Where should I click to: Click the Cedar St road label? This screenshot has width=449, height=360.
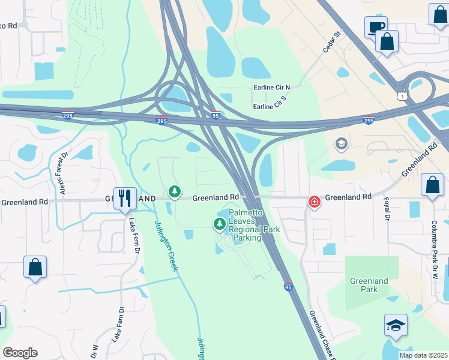click(x=331, y=41)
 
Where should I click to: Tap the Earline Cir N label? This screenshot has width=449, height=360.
click(x=271, y=88)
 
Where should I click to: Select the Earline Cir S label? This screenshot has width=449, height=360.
click(x=271, y=107)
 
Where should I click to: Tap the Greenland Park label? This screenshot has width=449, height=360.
click(x=369, y=285)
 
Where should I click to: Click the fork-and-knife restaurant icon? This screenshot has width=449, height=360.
click(x=125, y=198)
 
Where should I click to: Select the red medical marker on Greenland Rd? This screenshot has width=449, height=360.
click(x=314, y=202)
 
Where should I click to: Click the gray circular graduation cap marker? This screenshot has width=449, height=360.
click(x=342, y=143)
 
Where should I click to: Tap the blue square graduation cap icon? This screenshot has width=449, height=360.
click(x=396, y=325)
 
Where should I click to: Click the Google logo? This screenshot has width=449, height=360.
click(x=20, y=353)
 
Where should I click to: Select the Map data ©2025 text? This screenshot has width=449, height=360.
click(x=424, y=355)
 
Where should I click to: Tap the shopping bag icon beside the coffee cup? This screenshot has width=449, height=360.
click(x=387, y=42)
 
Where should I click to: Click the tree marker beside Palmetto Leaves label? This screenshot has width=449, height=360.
click(x=220, y=224)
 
